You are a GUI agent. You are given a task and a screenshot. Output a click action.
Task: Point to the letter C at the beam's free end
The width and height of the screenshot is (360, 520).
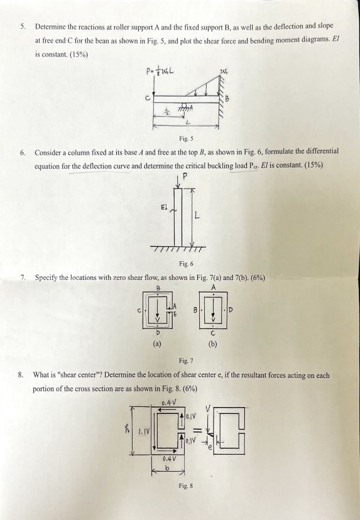[148, 98]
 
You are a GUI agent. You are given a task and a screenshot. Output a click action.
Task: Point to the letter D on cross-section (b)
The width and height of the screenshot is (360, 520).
[231, 310]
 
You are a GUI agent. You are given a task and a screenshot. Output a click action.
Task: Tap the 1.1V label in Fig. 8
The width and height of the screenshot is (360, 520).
[141, 431]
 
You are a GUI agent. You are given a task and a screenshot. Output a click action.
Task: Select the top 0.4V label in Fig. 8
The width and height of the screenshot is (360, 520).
[168, 403]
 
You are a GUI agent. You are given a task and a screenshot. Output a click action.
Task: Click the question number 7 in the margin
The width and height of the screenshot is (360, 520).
[23, 276]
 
